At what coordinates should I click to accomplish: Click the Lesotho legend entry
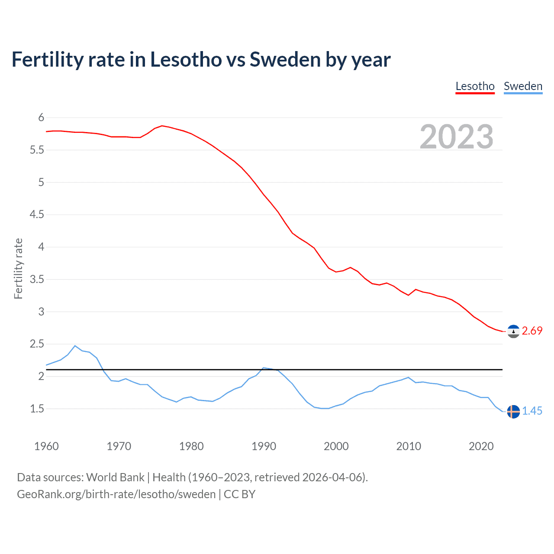pos(475,86)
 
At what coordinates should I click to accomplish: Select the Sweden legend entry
pos(523,86)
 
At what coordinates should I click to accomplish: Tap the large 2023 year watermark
pos(457,137)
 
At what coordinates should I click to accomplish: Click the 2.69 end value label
pos(532,331)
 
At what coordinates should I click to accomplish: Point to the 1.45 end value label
pos(532,411)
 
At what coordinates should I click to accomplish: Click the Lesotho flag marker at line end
pos(513,331)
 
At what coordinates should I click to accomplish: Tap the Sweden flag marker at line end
pos(513,411)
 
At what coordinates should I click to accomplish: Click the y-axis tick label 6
pos(41,117)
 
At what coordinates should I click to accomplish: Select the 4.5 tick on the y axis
pos(37,215)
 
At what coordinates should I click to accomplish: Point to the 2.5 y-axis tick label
pos(37,344)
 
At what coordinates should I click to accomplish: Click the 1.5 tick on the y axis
pos(37,409)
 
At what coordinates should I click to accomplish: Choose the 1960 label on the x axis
pos(46,446)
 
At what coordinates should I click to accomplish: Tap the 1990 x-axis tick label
pos(264,446)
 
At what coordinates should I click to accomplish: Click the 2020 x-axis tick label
pos(481,446)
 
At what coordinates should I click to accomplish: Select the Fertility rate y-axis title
pos(18,268)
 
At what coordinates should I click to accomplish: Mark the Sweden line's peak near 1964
pos(75,345)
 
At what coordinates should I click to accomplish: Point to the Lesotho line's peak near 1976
pos(162,126)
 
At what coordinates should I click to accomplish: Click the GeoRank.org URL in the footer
pos(116,494)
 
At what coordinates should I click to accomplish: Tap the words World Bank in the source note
pos(115,477)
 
